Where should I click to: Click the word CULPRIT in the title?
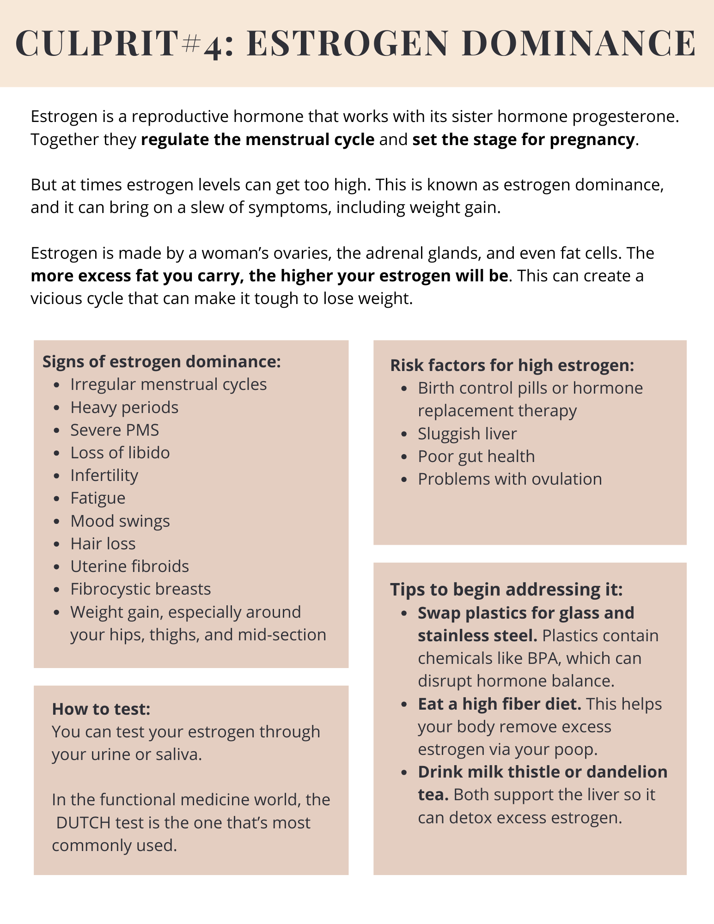pyautogui.click(x=97, y=43)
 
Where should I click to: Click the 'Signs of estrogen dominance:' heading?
pyautogui.click(x=162, y=361)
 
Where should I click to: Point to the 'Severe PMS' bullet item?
pyautogui.click(x=115, y=430)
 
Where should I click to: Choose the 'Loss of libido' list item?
pyautogui.click(x=120, y=452)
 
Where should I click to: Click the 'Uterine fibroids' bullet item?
pyautogui.click(x=130, y=566)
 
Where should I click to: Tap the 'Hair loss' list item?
pyautogui.click(x=103, y=543)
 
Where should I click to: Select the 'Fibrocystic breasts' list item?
pyautogui.click(x=140, y=589)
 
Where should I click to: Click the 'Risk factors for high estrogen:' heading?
pyautogui.click(x=512, y=365)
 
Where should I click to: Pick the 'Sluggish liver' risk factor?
pyautogui.click(x=467, y=433)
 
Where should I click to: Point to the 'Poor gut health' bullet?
pyautogui.click(x=476, y=456)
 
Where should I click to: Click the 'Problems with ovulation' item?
pyautogui.click(x=510, y=479)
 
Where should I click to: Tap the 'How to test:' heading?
pyautogui.click(x=101, y=709)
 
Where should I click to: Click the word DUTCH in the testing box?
pyautogui.click(x=83, y=823)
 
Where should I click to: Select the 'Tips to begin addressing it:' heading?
pyautogui.click(x=507, y=590)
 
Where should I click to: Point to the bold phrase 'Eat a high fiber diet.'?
pyautogui.click(x=500, y=704)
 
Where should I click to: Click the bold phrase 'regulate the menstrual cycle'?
pyautogui.click(x=258, y=139)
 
